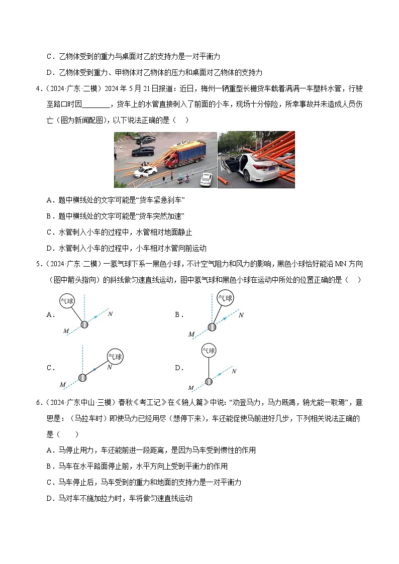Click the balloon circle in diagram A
(x=67, y=301)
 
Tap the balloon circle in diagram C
(x=115, y=357)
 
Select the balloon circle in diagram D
(x=209, y=351)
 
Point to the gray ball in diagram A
(x=84, y=325)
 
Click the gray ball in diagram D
(x=209, y=381)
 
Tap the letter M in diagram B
(x=191, y=334)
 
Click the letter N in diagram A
(x=110, y=314)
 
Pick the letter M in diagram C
(x=62, y=385)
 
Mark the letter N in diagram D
(x=234, y=371)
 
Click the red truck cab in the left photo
(x=171, y=160)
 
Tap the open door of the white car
(x=234, y=164)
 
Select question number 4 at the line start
(x=38, y=89)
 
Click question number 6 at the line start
(x=38, y=402)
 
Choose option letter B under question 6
(x=49, y=466)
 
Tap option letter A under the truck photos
(x=49, y=200)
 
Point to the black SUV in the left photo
(x=143, y=151)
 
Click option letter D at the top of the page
(x=49, y=72)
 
